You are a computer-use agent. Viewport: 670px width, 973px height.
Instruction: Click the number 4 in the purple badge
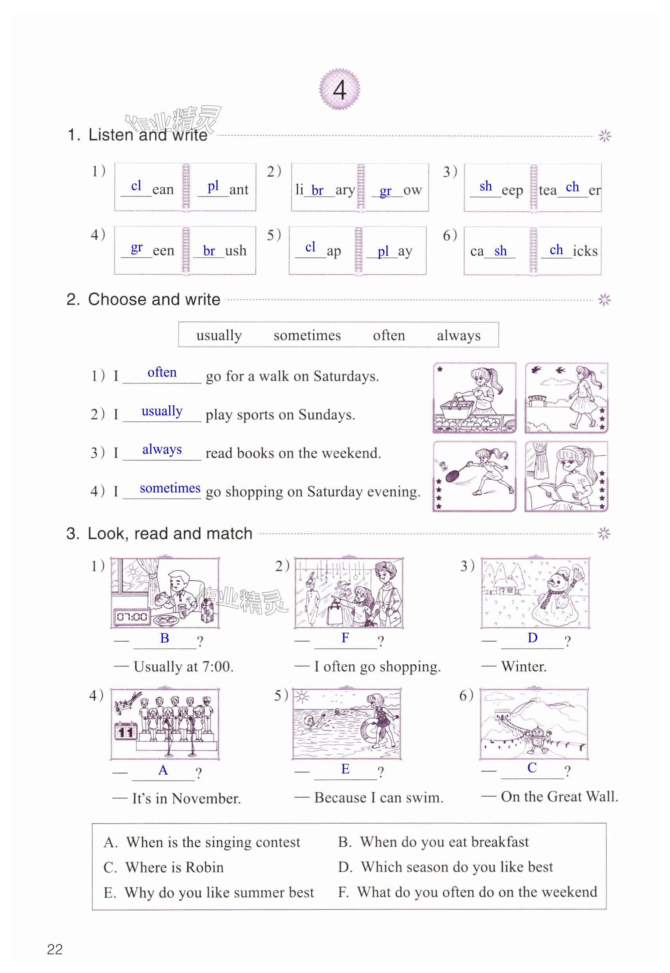339,89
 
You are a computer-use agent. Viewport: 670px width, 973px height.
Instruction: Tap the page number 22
55,948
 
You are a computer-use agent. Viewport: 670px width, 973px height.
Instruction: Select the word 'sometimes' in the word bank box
307,335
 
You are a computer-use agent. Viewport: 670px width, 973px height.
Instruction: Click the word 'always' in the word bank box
458,335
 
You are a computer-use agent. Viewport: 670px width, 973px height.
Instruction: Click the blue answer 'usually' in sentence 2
162,411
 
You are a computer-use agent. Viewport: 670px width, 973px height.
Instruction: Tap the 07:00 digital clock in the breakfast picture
132,617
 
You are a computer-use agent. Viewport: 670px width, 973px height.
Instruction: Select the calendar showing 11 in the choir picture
126,731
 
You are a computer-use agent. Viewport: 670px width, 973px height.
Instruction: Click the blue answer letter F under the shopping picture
345,637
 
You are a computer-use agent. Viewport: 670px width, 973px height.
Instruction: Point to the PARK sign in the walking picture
537,398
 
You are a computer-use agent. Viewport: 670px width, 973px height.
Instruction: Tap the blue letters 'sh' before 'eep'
486,186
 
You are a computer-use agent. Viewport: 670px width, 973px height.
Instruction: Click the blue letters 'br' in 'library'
317,190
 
